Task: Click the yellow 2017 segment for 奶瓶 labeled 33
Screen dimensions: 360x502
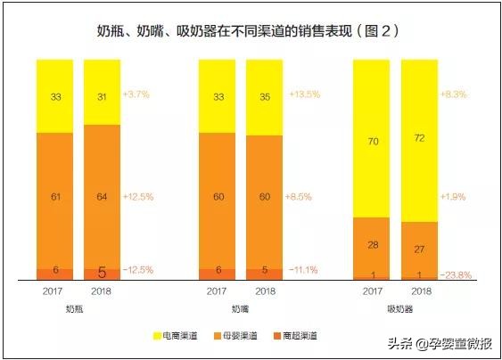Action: (x=56, y=94)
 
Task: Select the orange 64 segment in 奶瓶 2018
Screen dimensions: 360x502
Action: (x=103, y=196)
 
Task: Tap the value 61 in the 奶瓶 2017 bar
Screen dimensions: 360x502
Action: (x=56, y=196)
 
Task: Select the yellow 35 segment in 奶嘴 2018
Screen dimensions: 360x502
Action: (x=265, y=96)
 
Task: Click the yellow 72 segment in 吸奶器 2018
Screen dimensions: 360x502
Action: (x=421, y=141)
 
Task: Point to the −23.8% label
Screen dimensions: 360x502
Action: (x=457, y=274)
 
